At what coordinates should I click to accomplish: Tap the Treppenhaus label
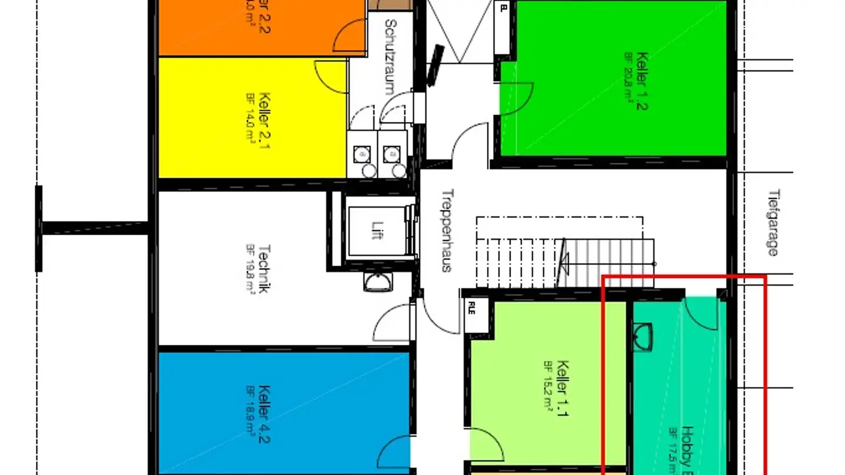click(x=447, y=230)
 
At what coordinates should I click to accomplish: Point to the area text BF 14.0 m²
click(x=250, y=120)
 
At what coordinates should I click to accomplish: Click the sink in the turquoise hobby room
click(x=643, y=337)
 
